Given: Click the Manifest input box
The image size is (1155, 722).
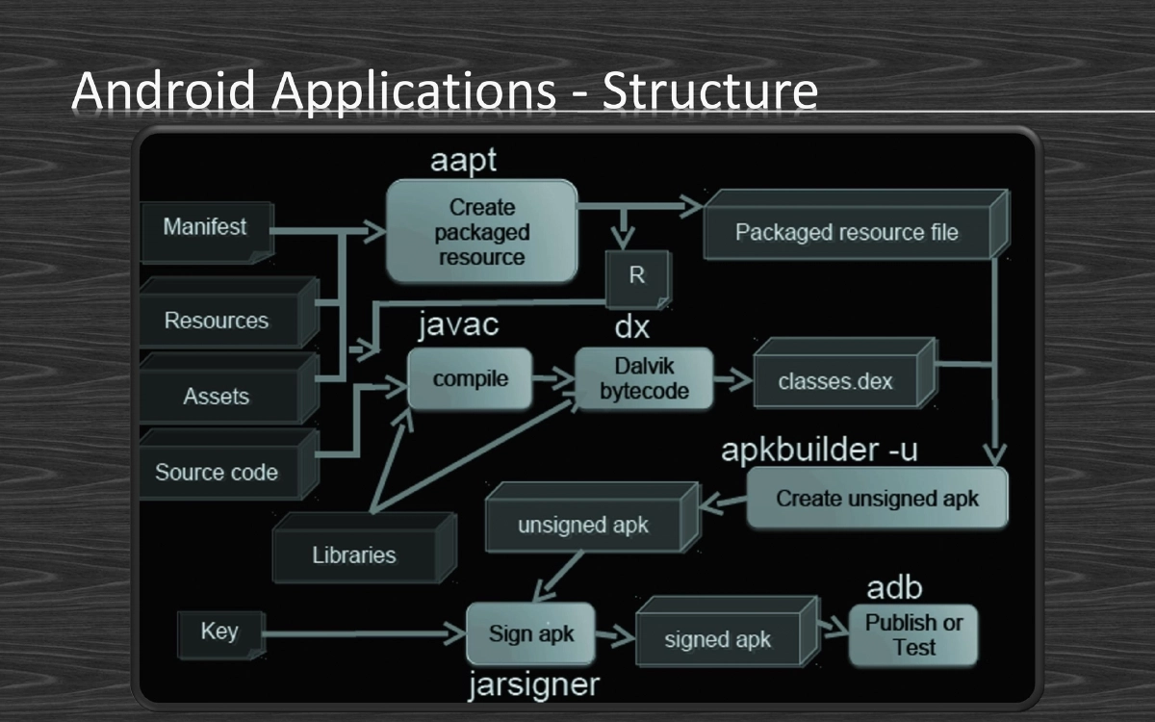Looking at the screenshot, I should point(206,228).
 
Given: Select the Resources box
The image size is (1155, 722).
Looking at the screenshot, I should point(218,320).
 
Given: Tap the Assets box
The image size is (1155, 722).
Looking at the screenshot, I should point(218,396).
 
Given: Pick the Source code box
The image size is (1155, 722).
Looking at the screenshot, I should point(218,472).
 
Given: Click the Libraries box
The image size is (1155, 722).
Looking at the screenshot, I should point(354,554).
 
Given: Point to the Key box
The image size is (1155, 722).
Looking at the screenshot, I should point(219,632).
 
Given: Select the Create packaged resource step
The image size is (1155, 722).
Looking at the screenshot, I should point(481,232).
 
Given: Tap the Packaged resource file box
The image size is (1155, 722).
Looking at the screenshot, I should point(847,232).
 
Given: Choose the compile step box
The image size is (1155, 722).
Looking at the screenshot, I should point(470,379).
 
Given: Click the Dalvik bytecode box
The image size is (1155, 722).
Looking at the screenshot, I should point(644,379).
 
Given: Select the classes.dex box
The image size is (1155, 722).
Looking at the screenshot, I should point(835,381).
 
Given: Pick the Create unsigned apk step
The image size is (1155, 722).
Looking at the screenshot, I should point(877,499).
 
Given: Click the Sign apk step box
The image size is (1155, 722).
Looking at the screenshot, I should point(530,634).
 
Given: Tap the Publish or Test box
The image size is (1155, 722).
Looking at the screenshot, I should point(913,635).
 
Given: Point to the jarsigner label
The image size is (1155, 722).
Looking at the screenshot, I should point(533,685).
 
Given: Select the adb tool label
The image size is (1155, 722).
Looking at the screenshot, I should point(894,588).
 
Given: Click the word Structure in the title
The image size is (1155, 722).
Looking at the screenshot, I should point(710,91).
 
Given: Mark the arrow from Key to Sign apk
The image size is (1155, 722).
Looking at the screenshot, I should point(356,633).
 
